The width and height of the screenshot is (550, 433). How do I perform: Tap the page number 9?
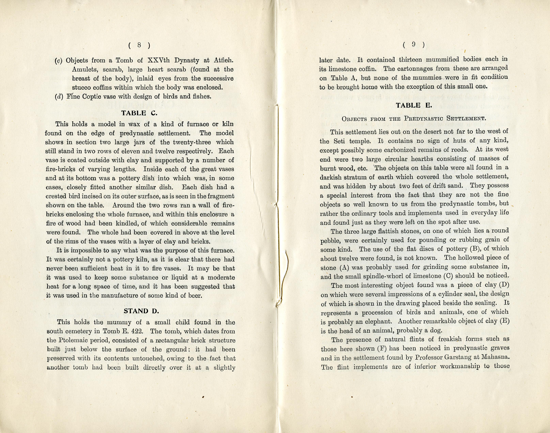(413, 45)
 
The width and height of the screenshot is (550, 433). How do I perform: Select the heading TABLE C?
(139, 113)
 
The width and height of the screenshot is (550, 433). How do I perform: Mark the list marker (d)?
(59, 97)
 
